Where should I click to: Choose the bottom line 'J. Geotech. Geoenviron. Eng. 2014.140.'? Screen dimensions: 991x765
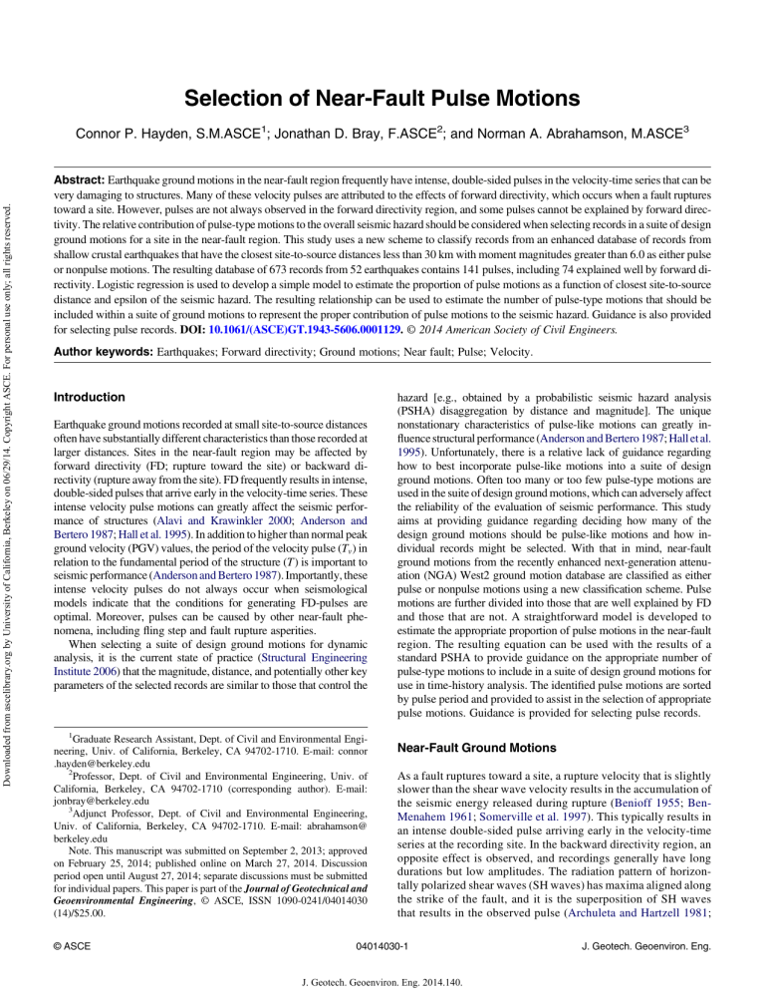coord(382,974)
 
